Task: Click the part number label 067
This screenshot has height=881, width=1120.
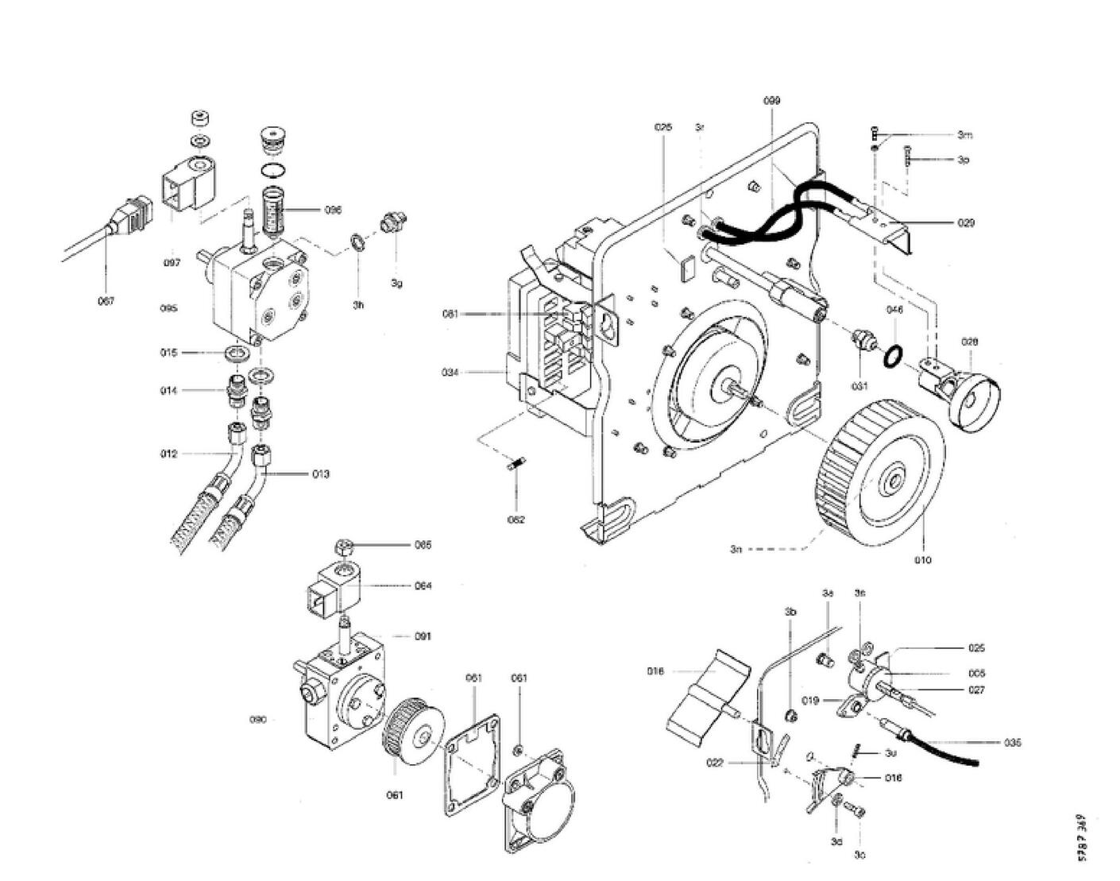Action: tap(106, 301)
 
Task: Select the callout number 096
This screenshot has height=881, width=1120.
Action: tap(333, 210)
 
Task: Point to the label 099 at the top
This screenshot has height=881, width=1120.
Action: tap(771, 101)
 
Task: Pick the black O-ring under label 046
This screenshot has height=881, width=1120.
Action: tap(892, 357)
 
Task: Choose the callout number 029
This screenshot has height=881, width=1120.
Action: tap(965, 223)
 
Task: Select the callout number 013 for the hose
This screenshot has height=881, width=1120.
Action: tap(320, 474)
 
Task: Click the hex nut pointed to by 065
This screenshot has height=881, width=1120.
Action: tap(344, 548)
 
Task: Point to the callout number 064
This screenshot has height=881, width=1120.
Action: tap(423, 586)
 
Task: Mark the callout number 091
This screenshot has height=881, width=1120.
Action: tap(423, 636)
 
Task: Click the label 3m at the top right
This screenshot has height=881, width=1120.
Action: tap(964, 135)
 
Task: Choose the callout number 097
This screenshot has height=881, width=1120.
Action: tap(172, 263)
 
